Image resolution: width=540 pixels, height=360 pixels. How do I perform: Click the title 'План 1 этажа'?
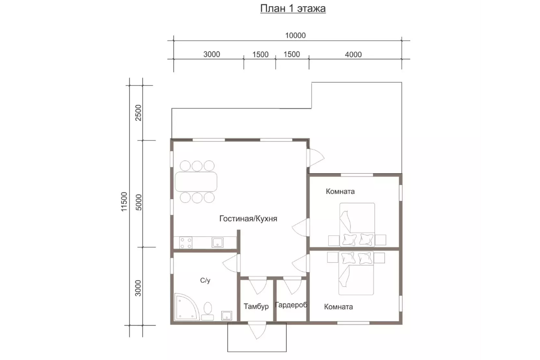pos(293,8)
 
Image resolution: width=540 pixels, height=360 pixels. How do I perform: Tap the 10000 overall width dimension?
pos(296,35)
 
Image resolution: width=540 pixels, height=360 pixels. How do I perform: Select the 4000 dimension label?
pos(353,54)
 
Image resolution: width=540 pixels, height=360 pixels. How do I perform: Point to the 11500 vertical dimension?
pos(125,201)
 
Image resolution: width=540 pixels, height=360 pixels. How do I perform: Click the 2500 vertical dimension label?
pos(139,113)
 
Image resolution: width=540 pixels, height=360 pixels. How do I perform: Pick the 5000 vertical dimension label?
pos(139,202)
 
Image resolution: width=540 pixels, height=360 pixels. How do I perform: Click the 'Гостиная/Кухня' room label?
pos(248,219)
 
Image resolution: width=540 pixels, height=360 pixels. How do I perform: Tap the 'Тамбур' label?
pos(256,306)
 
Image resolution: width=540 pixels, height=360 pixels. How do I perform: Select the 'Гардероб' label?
pos(291,305)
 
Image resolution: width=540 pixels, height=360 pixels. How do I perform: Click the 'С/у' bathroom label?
pos(205,280)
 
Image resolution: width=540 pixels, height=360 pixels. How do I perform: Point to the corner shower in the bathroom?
pos(186,307)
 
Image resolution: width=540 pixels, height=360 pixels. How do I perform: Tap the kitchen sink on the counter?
pos(218,243)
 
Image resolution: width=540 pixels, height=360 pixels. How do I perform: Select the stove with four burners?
pos(186,243)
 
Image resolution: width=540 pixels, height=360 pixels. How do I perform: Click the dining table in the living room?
pos(196,182)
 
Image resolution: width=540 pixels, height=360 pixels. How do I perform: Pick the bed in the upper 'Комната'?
pos(357,225)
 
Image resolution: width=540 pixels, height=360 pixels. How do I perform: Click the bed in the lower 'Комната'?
pos(357,273)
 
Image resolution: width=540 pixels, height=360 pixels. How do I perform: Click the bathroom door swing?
pos(231,264)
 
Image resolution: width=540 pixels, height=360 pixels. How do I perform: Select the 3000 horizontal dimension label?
pos(211,54)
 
